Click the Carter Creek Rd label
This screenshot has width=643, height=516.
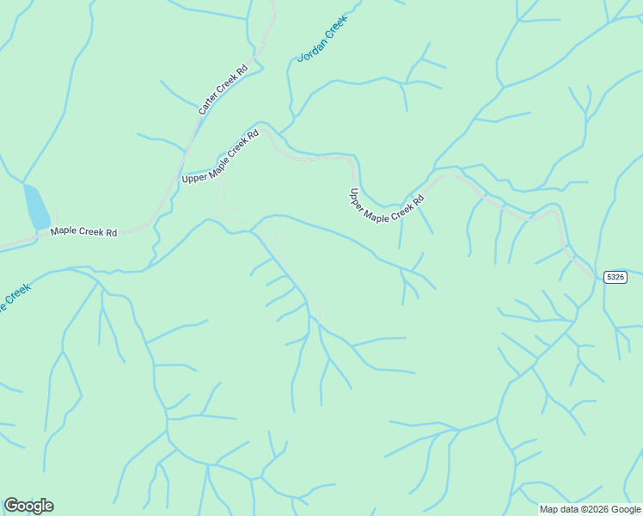point(223,90)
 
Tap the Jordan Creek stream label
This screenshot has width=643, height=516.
point(322,39)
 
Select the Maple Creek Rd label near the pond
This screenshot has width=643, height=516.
point(83,231)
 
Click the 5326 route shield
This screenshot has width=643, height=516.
point(615,277)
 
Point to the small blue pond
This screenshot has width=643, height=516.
point(36,206)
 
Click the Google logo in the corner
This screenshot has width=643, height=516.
point(28,506)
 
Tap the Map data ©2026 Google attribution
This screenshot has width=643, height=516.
point(591,509)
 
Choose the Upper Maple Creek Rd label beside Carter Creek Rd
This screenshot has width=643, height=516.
point(220,156)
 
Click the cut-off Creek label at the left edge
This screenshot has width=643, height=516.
point(15,296)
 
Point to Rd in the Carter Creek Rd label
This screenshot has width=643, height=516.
point(242,69)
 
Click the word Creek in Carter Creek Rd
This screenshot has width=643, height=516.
point(225,87)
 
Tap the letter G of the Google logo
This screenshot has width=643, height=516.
point(11,506)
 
